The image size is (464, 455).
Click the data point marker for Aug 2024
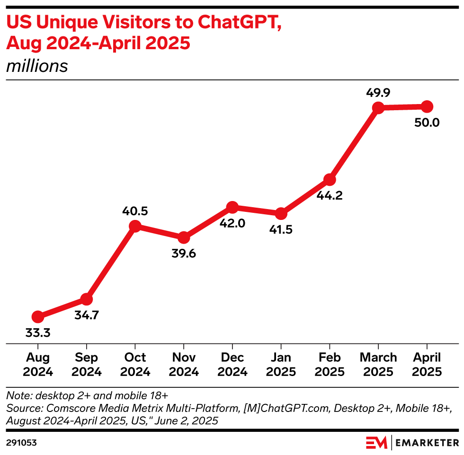click(x=38, y=316)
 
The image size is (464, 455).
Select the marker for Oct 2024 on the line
click(x=135, y=226)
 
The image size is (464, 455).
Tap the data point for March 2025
click(x=378, y=108)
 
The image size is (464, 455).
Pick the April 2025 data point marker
click(x=427, y=106)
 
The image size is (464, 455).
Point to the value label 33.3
click(x=38, y=333)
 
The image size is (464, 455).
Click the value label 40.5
click(x=135, y=210)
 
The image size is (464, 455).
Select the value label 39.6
click(x=184, y=254)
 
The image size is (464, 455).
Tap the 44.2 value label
click(x=330, y=195)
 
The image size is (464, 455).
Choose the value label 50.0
click(x=427, y=123)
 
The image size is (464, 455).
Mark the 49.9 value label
click(x=378, y=93)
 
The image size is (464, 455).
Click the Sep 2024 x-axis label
click(x=86, y=364)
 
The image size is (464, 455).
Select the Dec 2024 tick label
click(x=232, y=364)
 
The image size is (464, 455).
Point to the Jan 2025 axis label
click(x=281, y=364)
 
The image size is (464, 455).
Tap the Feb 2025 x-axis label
click(x=330, y=364)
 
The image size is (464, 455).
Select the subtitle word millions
click(x=37, y=66)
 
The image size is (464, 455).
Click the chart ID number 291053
click(x=22, y=443)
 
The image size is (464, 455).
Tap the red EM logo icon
click(x=376, y=443)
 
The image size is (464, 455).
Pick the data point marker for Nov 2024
click(x=184, y=237)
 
